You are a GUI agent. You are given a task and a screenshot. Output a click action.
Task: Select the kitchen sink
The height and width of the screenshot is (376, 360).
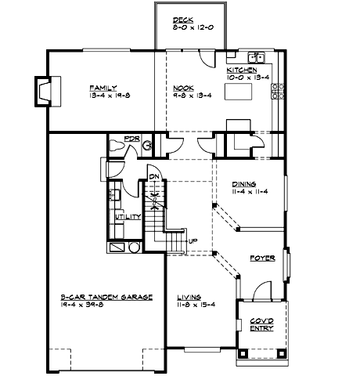(255, 57)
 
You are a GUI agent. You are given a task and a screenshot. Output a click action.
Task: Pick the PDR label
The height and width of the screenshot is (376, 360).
(131, 141)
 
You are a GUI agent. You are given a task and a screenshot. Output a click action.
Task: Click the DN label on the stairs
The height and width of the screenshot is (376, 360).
(155, 177)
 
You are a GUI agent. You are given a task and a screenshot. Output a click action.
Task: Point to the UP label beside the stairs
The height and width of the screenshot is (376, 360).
(193, 240)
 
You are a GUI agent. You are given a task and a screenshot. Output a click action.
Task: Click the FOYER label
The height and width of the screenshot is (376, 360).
(262, 258)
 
